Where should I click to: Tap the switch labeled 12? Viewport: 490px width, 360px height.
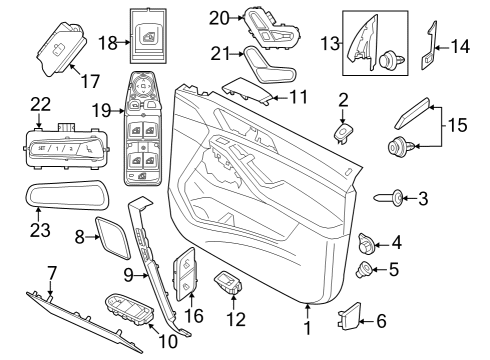[229, 282]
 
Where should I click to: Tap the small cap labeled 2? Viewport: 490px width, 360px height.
[343, 131]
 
